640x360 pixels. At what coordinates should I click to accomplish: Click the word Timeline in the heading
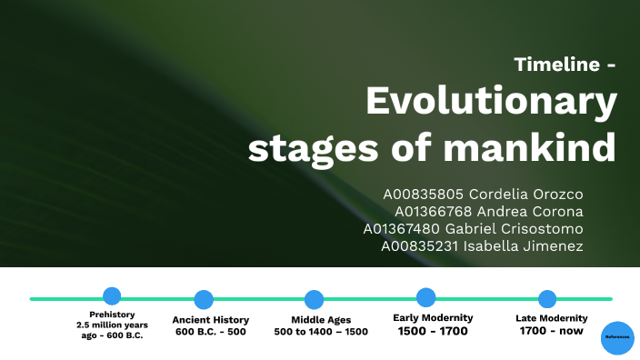[556, 65]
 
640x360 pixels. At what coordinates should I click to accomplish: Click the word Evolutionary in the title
[491, 103]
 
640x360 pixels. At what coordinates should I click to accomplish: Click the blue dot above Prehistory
[112, 295]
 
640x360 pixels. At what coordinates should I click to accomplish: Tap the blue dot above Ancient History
[204, 299]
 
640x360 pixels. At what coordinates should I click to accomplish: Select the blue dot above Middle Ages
[314, 299]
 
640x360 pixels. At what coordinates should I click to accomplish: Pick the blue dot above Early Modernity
[425, 296]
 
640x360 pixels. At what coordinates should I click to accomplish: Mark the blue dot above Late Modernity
[547, 298]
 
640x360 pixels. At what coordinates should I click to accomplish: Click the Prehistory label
[112, 315]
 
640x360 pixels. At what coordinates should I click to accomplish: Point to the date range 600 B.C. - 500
[211, 332]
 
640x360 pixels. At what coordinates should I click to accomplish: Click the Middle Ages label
[321, 320]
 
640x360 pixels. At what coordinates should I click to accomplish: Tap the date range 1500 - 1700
[433, 331]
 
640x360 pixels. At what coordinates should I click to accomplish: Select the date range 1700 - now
[551, 332]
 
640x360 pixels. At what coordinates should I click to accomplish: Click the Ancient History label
[211, 320]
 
